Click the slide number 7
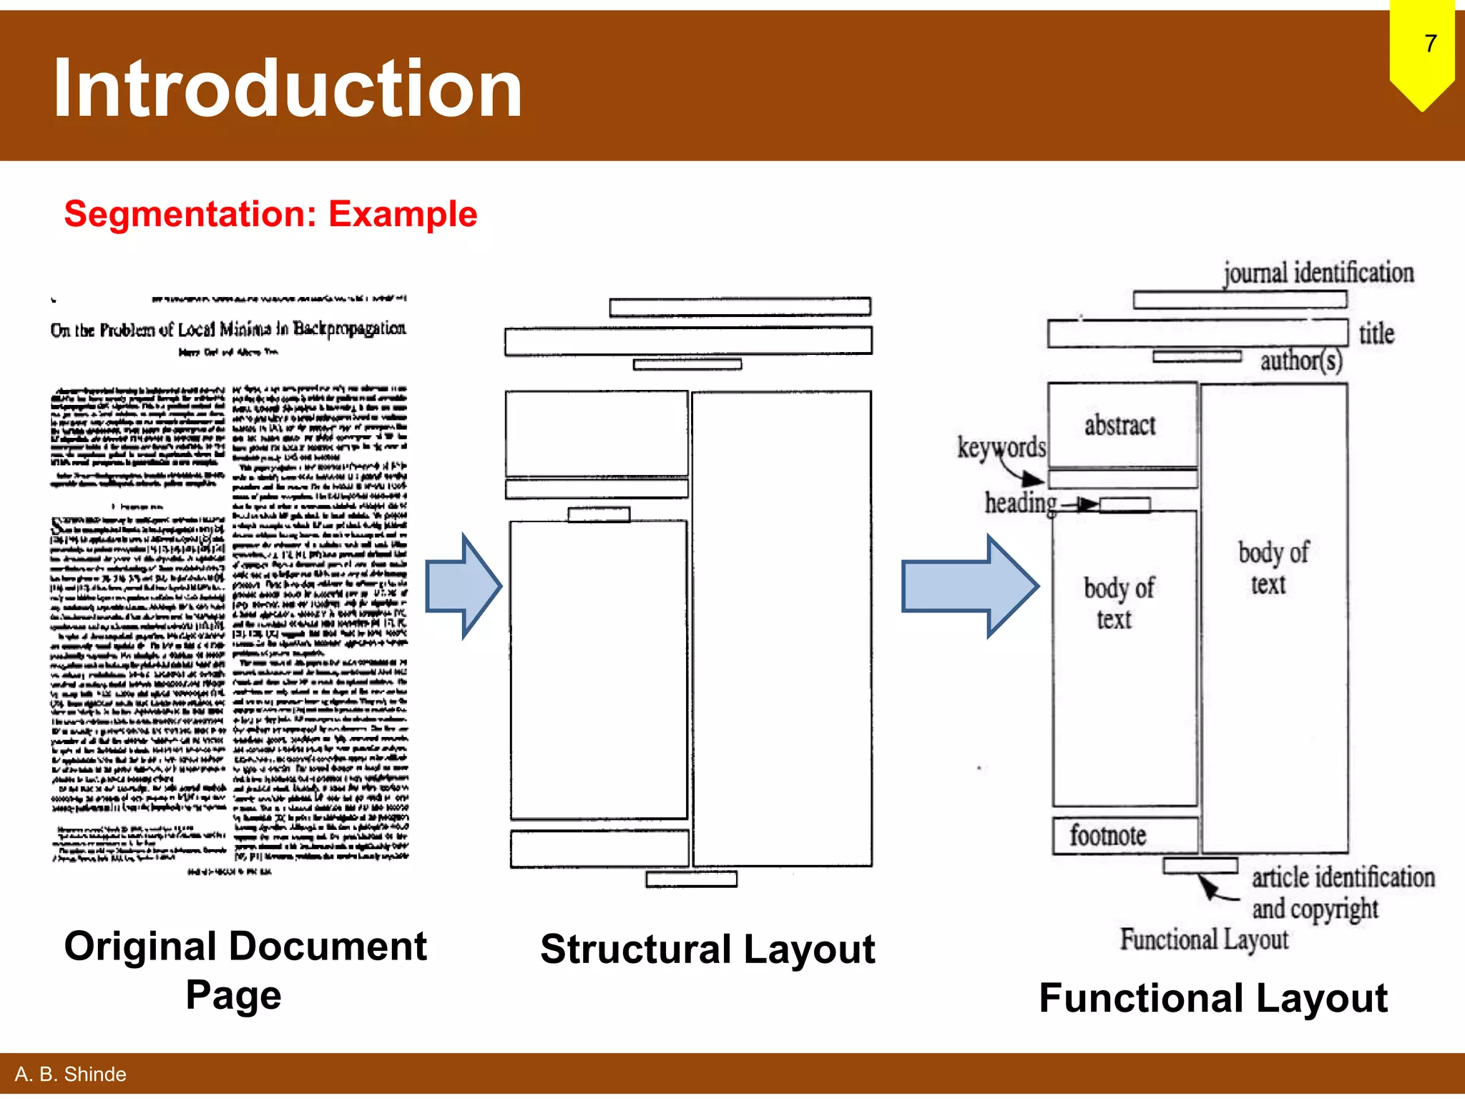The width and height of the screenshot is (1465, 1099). [1430, 44]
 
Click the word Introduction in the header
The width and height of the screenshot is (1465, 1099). [288, 88]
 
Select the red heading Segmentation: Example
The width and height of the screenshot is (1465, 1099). [270, 214]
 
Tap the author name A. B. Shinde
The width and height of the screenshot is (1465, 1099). [70, 1074]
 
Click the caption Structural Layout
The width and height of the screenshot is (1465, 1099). [707, 949]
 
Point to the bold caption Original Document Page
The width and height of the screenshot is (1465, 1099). [245, 969]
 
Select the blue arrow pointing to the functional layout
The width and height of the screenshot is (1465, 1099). [969, 586]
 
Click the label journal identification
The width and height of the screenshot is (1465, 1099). [1318, 273]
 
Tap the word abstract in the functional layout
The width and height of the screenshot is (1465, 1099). [1119, 426]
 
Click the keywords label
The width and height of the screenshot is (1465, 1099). [1001, 448]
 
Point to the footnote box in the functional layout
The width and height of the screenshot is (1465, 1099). [1124, 835]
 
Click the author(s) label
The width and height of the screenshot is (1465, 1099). [1300, 361]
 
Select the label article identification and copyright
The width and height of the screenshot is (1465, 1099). [1342, 893]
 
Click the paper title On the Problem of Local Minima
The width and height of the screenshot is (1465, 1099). [228, 329]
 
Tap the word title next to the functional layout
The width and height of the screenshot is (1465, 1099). [1376, 333]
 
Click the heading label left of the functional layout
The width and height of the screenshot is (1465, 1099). [1020, 503]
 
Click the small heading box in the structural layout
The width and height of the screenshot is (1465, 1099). [599, 514]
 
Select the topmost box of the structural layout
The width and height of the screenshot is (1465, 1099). [740, 307]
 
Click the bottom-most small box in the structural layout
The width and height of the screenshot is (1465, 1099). [691, 879]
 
